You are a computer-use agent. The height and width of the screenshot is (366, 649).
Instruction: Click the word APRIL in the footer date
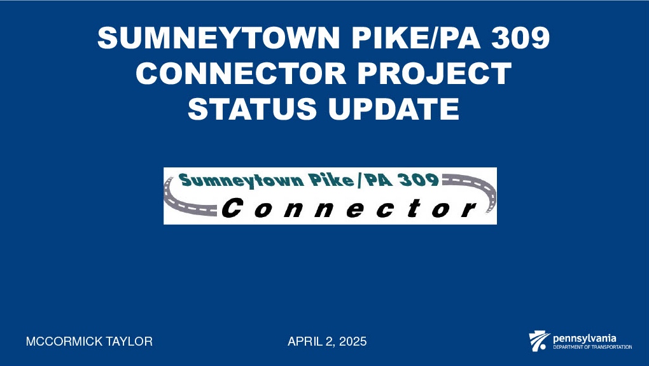pos(303,342)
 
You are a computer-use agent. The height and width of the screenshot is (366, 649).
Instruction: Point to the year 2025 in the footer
pos(352,342)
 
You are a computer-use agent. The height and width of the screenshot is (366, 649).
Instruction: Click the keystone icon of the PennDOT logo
pos(539,342)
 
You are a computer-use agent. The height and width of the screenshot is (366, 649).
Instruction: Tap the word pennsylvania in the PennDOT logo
pos(584,338)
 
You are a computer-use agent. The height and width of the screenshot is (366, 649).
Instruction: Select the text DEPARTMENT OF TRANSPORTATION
pos(592,348)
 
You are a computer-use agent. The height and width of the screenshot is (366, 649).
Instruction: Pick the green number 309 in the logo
pos(417,180)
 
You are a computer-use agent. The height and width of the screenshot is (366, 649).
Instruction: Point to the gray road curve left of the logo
pos(175,197)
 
